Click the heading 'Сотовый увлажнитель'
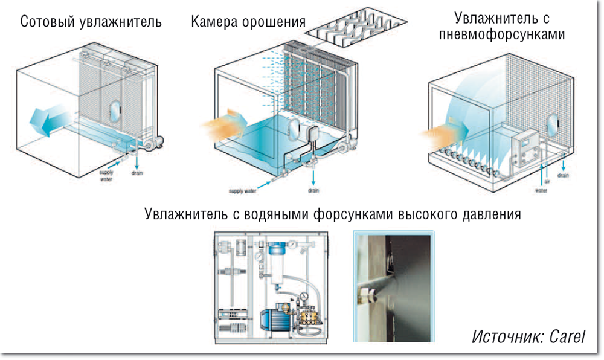point(91,23)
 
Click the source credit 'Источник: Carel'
point(528,336)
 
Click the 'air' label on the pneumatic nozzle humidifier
point(547,179)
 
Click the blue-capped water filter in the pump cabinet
point(277,266)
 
